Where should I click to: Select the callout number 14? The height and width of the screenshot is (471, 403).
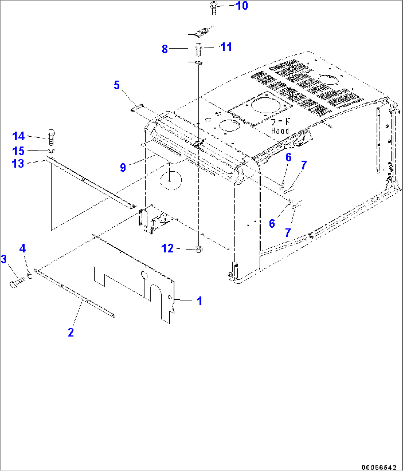pos(18,136)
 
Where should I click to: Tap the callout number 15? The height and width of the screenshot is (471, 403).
pos(18,151)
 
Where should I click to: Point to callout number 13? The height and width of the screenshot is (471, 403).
pos(18,164)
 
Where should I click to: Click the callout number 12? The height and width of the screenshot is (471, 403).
pos(167,248)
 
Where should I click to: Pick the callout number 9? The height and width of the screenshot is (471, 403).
pos(123,167)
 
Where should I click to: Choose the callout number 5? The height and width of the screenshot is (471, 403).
pos(116,86)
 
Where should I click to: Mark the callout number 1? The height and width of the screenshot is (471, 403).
pos(199,301)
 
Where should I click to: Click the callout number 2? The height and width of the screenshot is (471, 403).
pos(71,332)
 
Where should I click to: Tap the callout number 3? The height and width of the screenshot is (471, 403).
pos(4,259)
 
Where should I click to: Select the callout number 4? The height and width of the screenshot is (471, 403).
pos(23,248)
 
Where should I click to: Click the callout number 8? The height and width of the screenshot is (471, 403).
pos(165,49)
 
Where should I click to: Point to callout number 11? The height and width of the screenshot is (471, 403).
pos(226,47)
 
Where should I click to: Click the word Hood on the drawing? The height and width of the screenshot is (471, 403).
pos(280,131)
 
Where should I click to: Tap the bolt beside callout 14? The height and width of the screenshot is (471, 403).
pos(51,136)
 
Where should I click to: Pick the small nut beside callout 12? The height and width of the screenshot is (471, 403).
pos(199,250)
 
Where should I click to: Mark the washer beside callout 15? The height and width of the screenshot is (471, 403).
pos(51,150)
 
